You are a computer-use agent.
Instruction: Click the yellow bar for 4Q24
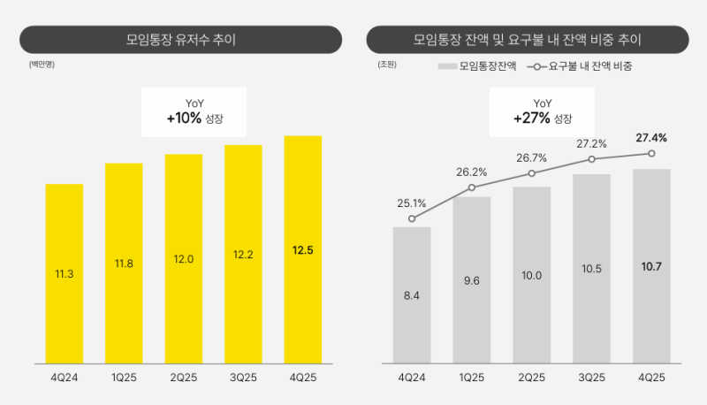(65, 273)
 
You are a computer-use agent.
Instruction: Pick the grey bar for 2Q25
(532, 274)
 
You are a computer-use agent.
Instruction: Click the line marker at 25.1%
(412, 218)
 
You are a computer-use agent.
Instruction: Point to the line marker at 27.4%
(651, 153)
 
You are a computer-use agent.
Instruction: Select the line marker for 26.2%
(472, 187)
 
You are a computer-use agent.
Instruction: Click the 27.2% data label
(591, 143)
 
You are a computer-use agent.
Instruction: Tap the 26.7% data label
(532, 157)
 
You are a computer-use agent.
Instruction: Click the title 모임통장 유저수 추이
(180, 40)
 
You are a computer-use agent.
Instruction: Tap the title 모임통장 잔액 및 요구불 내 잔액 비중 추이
(528, 40)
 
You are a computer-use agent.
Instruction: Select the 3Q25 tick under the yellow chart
(243, 378)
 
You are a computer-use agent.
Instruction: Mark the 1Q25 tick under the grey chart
(472, 378)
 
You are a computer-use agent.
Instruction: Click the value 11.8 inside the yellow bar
(124, 263)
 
